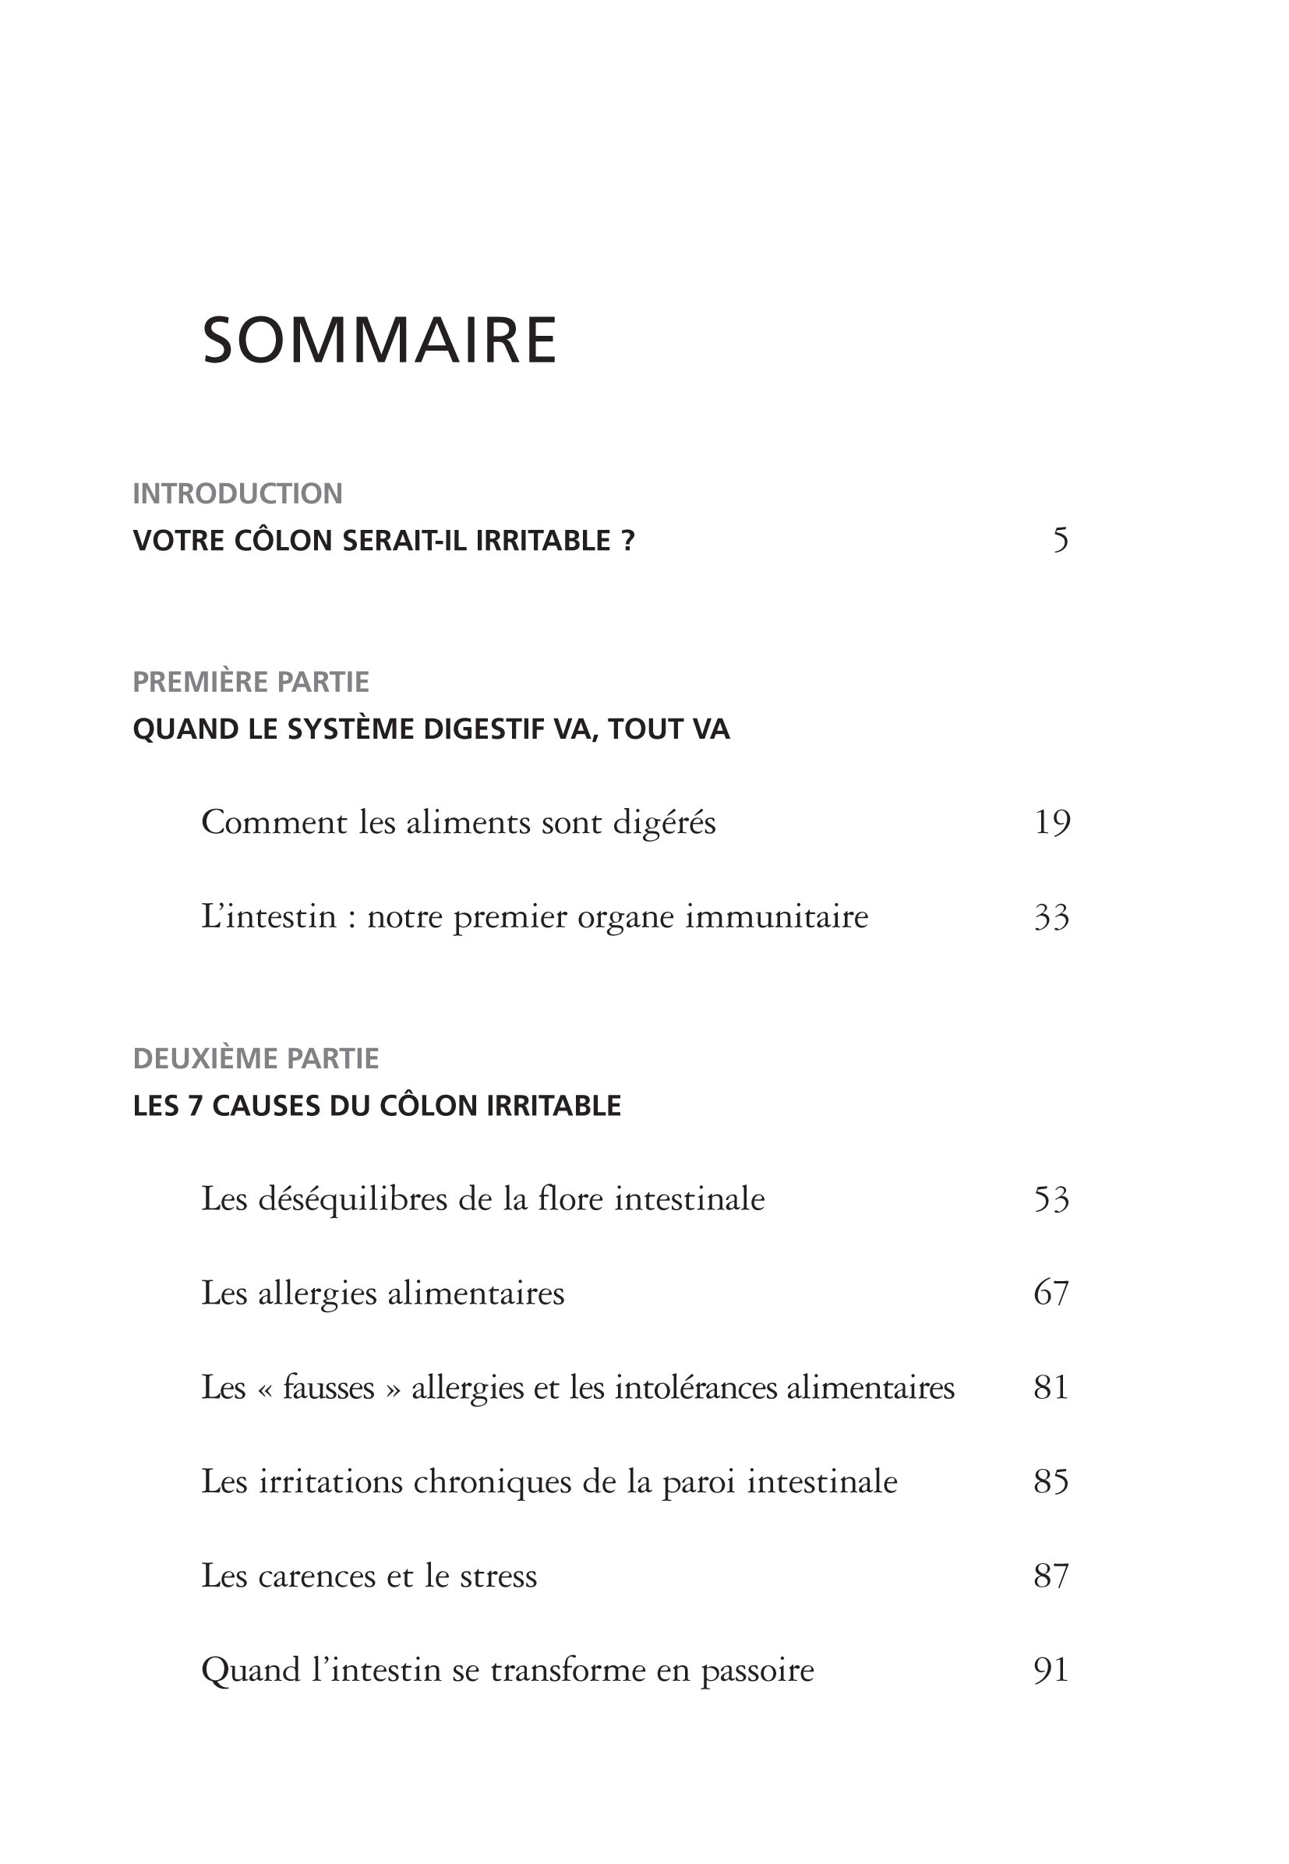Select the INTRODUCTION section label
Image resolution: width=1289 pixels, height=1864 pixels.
[x=238, y=493]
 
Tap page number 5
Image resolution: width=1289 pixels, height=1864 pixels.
[x=1061, y=539]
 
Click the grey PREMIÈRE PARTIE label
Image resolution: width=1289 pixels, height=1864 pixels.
[x=250, y=683]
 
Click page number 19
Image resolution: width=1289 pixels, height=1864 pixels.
[x=1051, y=822]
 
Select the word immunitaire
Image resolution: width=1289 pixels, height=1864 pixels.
[x=777, y=916]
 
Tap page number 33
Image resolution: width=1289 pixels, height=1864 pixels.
[x=1051, y=916]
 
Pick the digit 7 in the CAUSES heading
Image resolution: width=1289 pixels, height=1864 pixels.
[x=195, y=1106]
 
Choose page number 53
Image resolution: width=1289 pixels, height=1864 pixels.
[x=1051, y=1199]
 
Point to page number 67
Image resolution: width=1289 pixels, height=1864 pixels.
[x=1051, y=1293]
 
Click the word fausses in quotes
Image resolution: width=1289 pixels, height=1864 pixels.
[x=329, y=1388]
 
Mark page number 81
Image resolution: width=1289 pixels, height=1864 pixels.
[x=1051, y=1388]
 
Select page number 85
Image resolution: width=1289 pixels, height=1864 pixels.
[x=1051, y=1482]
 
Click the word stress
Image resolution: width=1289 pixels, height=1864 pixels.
[x=497, y=1576]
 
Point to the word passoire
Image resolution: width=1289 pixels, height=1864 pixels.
[x=757, y=1671]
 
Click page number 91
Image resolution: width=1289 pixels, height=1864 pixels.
[x=1051, y=1670]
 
